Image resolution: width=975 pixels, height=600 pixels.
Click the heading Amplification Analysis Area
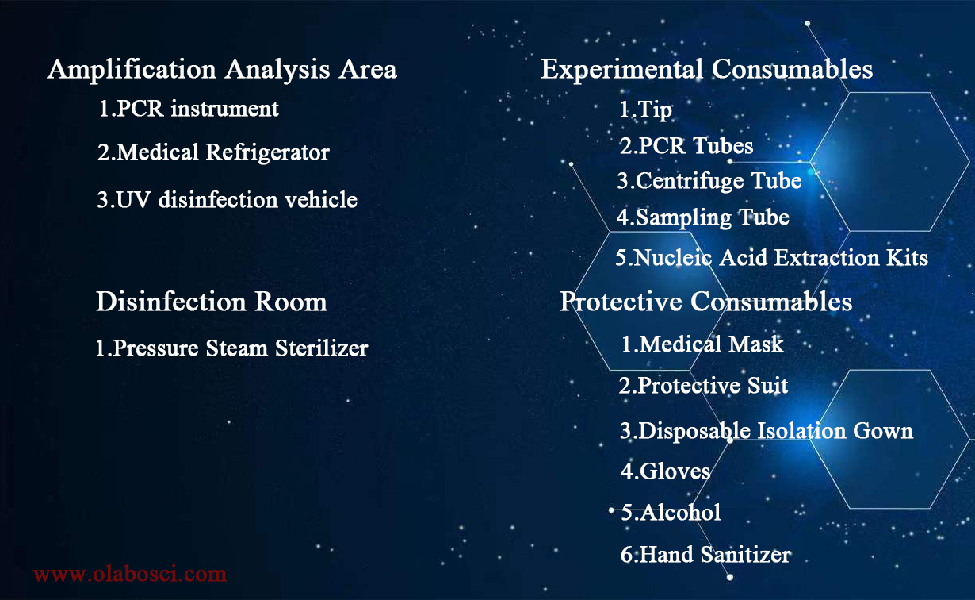click(222, 70)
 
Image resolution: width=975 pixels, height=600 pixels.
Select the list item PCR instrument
click(189, 109)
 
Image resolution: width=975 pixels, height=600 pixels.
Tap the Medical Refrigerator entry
click(213, 152)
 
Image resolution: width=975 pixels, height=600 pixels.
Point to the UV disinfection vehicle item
click(227, 199)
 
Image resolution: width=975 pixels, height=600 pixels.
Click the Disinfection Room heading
click(212, 301)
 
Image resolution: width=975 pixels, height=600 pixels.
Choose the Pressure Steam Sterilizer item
click(231, 348)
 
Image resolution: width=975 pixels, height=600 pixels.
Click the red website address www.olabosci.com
click(130, 574)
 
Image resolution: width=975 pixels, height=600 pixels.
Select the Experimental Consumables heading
click(707, 70)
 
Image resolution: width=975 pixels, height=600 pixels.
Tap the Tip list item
click(646, 110)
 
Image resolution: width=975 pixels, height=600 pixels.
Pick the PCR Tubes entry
click(686, 145)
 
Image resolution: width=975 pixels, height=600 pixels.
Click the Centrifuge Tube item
click(709, 181)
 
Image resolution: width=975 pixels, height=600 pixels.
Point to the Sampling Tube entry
click(703, 217)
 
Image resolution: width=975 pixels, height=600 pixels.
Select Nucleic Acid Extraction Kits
click(772, 257)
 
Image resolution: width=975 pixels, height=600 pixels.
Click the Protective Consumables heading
click(706, 301)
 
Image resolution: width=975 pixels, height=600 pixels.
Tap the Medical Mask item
click(702, 344)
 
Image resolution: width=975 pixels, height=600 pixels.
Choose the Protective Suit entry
click(703, 386)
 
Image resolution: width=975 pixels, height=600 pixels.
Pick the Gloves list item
click(666, 471)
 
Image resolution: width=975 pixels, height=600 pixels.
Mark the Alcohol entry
click(671, 512)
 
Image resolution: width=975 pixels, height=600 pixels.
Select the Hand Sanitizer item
click(705, 554)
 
